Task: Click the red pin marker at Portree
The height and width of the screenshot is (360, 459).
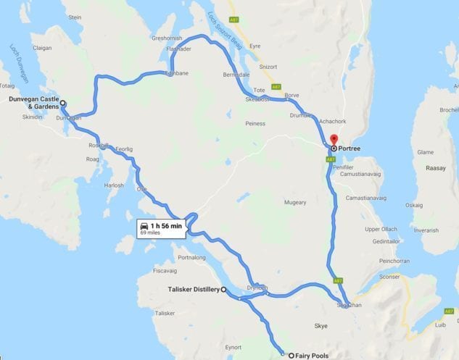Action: (334, 141)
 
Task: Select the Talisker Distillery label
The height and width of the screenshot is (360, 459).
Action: (189, 290)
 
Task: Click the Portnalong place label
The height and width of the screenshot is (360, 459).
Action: (192, 257)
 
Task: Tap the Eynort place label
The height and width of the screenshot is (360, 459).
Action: (233, 348)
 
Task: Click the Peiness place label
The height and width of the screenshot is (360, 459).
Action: (255, 124)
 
